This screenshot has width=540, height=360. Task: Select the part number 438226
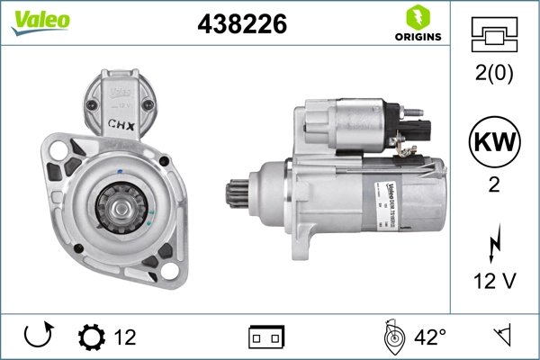241,26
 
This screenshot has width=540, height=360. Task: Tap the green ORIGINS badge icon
417,17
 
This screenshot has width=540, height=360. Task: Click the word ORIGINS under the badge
417,38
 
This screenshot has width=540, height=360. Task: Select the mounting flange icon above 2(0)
494,34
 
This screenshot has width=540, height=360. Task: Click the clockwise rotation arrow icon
40,337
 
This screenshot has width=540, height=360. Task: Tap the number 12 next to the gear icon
125,337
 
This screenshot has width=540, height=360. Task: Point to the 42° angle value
429,337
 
